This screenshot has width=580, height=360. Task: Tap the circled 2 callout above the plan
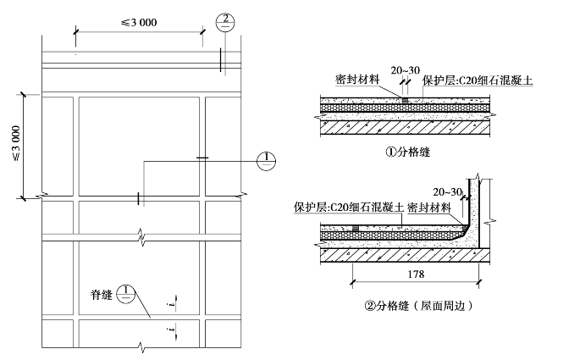click(224, 23)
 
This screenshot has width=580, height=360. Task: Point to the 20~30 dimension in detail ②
click(445, 192)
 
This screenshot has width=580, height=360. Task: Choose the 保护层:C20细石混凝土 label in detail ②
click(343, 207)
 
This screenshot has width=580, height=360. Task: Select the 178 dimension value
click(415, 274)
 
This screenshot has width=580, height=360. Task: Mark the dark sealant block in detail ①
click(405, 101)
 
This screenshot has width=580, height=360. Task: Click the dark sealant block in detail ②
click(356, 228)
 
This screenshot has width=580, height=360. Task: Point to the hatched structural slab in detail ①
click(406, 125)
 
